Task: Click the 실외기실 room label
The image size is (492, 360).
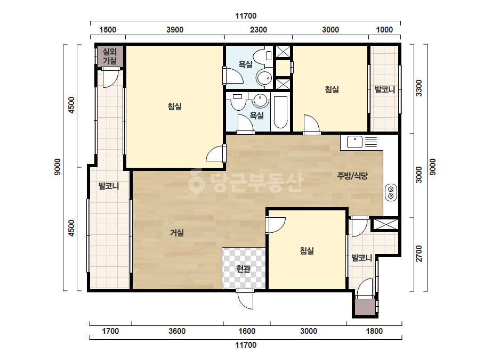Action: coord(109,56)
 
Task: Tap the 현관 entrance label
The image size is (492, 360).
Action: coord(244,269)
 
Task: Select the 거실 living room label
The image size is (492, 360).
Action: coord(176,233)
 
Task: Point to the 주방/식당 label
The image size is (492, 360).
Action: coord(352,176)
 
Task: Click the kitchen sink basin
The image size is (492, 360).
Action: coord(355,142)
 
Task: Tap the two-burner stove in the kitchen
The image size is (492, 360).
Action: coord(391,192)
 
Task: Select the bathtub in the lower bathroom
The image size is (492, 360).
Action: coord(280,113)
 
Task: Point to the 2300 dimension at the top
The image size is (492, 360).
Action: coord(259,30)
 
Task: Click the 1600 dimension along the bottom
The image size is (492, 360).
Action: coord(247,331)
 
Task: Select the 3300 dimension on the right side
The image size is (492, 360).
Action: coord(419,88)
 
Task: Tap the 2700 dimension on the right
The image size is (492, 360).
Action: coord(419,253)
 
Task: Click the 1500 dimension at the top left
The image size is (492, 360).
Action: coord(108,30)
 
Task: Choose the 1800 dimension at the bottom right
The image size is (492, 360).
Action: coord(374,331)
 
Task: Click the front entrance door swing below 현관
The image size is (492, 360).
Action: coord(245,299)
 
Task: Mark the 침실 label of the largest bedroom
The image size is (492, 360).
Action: coord(175,107)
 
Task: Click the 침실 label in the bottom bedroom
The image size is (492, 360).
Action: coord(307,251)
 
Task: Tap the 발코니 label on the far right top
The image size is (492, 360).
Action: coord(385,89)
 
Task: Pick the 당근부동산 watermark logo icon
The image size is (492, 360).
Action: coord(196,181)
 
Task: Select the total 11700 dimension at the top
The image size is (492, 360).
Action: coord(246,15)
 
